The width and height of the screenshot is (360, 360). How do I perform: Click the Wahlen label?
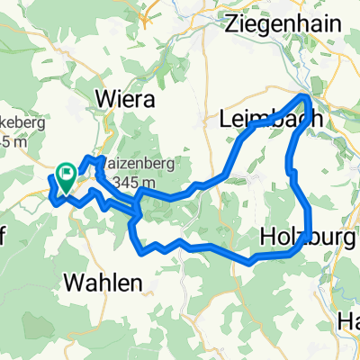(x=103, y=283)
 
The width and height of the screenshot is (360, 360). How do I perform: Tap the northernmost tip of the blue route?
(x=306, y=96)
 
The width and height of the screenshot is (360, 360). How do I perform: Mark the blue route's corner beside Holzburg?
(x=309, y=236)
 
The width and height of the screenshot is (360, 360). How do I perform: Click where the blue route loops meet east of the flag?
(x=135, y=211)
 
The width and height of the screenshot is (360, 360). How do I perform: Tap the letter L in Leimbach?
(x=225, y=118)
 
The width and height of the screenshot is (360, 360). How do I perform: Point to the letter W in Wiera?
(x=107, y=96)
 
